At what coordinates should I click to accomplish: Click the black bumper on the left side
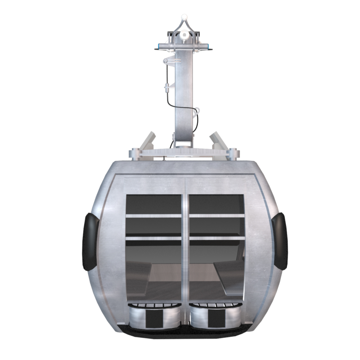point(89,242)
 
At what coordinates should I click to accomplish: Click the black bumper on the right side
point(280,242)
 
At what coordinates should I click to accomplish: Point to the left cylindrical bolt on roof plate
point(134,154)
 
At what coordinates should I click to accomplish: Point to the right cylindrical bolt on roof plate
point(233,154)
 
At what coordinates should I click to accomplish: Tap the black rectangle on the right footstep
point(216,319)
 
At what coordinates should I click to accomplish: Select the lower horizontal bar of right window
point(217,238)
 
